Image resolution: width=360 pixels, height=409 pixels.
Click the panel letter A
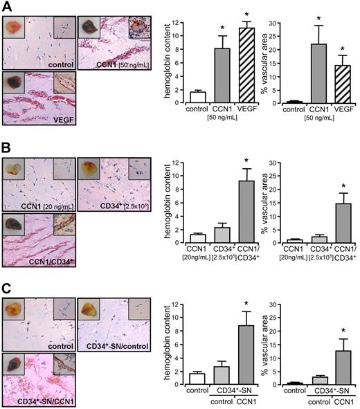tap(8, 8)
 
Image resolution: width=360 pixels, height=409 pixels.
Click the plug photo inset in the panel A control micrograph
tap(14, 28)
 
